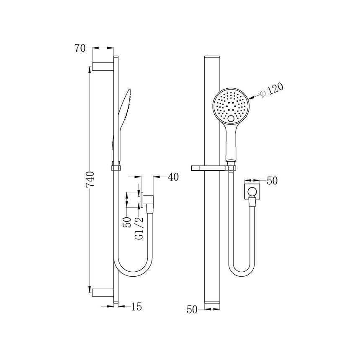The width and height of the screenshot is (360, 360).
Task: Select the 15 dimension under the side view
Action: (x=136, y=307)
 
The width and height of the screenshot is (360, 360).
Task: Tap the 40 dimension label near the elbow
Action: (x=173, y=177)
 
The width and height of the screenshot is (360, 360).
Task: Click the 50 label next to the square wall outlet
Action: (x=272, y=181)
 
